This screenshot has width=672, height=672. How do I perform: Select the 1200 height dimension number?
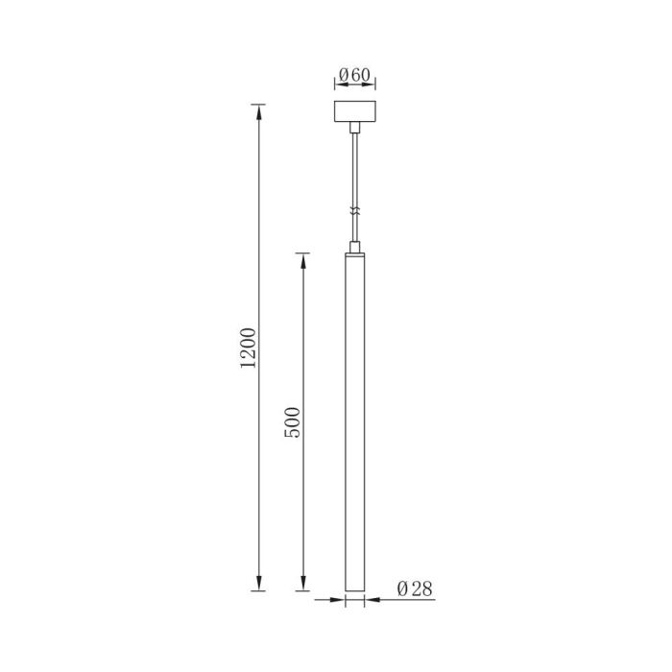coord(249,348)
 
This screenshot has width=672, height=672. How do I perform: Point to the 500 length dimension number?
coord(294,422)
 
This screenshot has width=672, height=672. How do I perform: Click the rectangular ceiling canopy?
coord(355,111)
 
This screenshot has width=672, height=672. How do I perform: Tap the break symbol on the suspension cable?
coord(355,211)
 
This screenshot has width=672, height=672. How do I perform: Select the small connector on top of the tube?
coord(355,247)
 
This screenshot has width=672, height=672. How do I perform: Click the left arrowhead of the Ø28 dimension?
coord(338,601)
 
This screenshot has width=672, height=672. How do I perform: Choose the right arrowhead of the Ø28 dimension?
coord(371,601)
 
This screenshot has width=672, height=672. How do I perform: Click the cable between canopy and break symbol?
coord(355,168)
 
